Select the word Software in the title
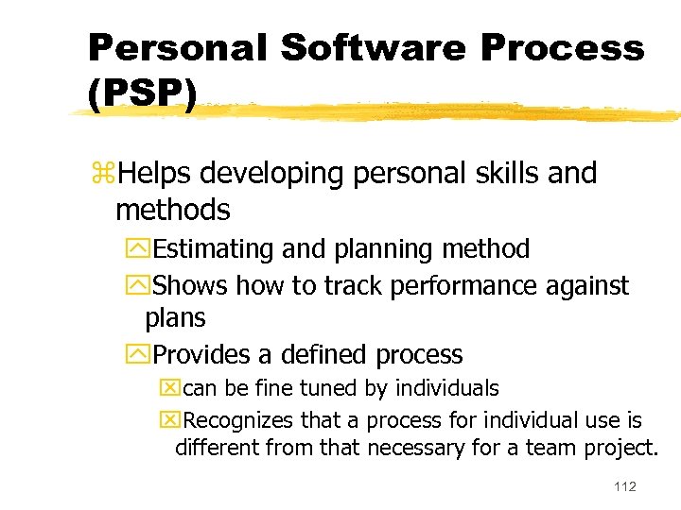tap(345, 47)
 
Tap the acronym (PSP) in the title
tap(142, 94)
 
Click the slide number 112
tap(624, 486)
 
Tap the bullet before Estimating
tap(143, 250)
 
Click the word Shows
tap(190, 285)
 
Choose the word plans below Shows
tap(175, 318)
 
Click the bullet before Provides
tap(143, 356)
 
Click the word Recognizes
tap(236, 419)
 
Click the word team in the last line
tap(567, 448)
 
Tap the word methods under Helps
tap(172, 210)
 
